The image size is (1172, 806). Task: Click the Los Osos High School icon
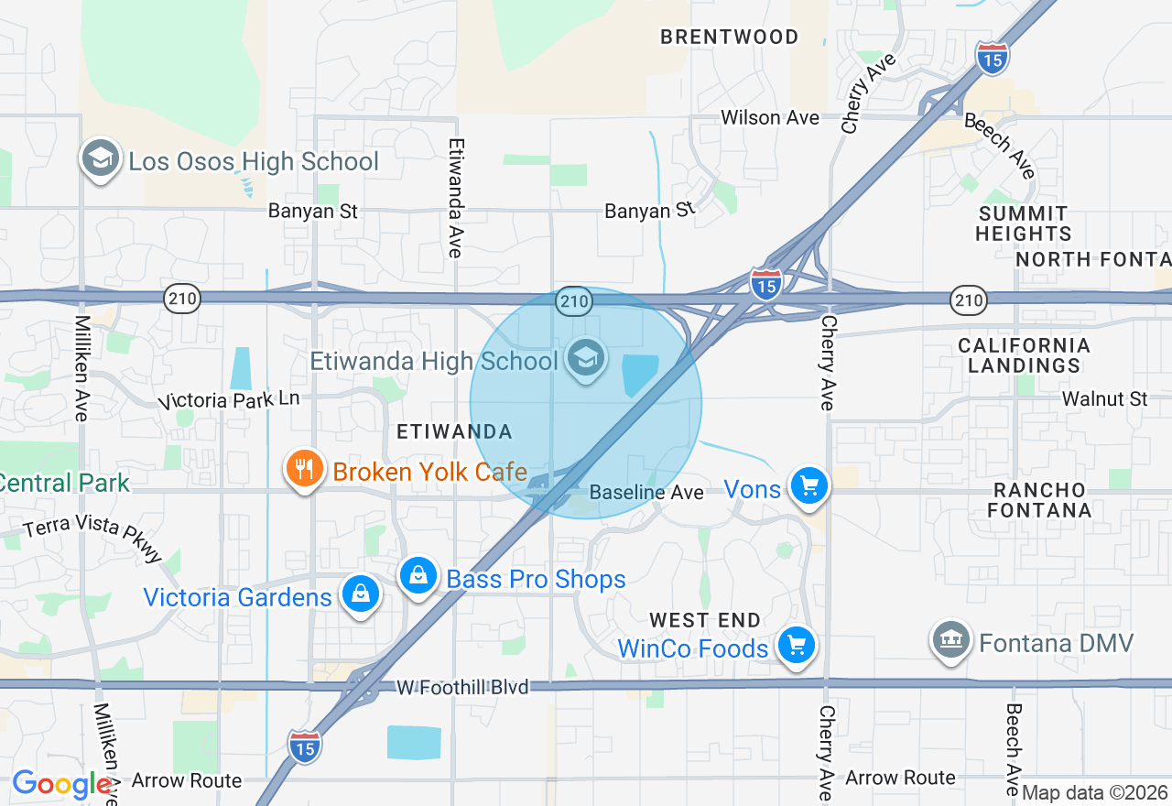coord(101,159)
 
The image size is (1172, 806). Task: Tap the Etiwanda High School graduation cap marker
coord(585,358)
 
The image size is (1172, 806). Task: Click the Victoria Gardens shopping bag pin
coord(360,594)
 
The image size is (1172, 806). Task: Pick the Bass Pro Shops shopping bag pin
coord(418,576)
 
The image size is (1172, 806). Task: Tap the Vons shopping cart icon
coord(809,485)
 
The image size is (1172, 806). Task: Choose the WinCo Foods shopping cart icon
coord(796,645)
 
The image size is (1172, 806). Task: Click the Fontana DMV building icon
coord(951,640)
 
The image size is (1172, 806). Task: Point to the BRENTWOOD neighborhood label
coord(730,37)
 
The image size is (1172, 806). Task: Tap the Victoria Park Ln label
coord(229,400)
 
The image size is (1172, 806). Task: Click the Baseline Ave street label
coord(646,492)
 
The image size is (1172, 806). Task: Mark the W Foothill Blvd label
coord(462,686)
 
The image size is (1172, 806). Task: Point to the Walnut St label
coord(1104,398)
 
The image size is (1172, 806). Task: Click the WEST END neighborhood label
coord(705,620)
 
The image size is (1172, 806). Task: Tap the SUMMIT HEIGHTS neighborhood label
coord(1023,223)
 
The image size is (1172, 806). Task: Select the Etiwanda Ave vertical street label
coord(455,198)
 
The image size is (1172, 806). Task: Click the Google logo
coord(61,784)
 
